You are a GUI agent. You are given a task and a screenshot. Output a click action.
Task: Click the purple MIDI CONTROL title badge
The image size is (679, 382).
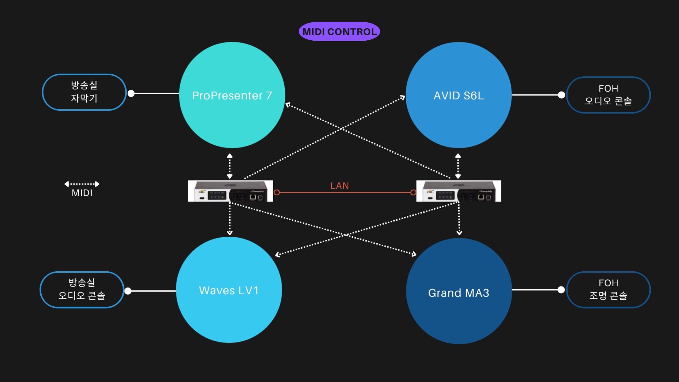[x=339, y=31]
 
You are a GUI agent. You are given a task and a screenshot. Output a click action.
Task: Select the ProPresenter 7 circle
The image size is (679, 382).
[x=232, y=95]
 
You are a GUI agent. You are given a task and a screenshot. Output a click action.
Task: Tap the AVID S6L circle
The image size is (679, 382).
[x=459, y=95]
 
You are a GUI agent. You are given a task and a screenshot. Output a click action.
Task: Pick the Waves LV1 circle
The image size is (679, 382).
[x=229, y=290]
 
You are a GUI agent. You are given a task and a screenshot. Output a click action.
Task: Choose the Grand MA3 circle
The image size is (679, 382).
[x=459, y=291]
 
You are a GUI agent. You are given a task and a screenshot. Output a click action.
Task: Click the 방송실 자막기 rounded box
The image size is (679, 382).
[x=84, y=92]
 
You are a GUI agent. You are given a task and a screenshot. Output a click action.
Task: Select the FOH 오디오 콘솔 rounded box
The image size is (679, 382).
[x=608, y=95]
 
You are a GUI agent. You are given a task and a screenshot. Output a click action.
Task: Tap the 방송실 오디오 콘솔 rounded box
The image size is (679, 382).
[x=82, y=290]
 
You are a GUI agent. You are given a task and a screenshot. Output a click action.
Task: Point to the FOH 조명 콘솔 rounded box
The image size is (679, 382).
[x=608, y=290]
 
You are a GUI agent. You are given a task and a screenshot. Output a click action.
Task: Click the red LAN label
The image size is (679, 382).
[x=339, y=186]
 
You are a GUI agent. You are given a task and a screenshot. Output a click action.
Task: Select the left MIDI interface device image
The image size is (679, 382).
[x=231, y=191]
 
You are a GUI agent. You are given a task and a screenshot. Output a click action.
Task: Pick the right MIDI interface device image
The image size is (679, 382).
[x=459, y=191]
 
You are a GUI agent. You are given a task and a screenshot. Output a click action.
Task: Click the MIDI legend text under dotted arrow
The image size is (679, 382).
[x=82, y=193]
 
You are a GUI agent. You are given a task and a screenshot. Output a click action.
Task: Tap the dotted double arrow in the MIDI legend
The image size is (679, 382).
[x=82, y=184]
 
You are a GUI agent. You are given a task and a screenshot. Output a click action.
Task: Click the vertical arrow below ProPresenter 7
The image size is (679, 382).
[x=230, y=166]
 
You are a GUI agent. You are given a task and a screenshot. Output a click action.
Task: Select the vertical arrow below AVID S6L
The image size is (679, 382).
[x=458, y=166]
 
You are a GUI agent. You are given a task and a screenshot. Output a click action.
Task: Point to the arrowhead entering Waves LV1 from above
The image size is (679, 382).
[x=230, y=233]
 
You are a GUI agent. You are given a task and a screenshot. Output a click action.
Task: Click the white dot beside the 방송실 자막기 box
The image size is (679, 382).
[x=131, y=93]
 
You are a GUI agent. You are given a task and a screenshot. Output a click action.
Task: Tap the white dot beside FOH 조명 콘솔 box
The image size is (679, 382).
[x=561, y=290]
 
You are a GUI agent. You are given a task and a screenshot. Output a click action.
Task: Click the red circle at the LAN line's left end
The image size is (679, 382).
[x=277, y=192]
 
